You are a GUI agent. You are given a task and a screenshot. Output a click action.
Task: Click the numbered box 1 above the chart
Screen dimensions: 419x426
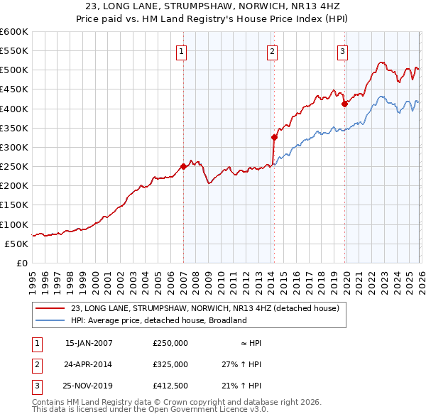(182, 50)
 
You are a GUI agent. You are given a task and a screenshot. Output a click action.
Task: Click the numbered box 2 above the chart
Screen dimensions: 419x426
(273, 50)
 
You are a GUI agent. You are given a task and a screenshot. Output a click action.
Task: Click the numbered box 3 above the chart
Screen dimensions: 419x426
(343, 50)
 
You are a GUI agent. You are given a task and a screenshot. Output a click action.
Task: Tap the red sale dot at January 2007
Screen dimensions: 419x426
(183, 166)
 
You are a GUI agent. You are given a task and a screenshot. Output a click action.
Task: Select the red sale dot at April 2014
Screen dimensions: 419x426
(274, 137)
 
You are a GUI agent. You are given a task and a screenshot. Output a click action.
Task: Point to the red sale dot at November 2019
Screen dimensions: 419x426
(344, 104)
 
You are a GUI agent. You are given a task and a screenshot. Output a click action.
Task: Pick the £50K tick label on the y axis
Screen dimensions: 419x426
(17, 244)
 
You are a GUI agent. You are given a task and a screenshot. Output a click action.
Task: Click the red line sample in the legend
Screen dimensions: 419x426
(51, 308)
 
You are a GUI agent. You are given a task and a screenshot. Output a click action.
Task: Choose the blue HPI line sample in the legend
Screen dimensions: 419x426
(51, 320)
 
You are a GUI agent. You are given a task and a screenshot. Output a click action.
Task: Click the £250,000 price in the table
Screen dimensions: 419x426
(170, 342)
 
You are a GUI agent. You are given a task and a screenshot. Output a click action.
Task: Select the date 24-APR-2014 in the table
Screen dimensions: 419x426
(89, 364)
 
